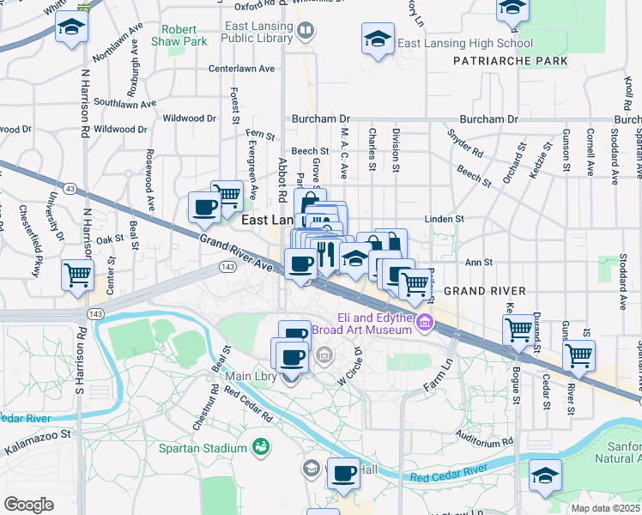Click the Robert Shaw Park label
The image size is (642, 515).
[179, 34]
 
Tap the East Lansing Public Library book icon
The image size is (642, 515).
[305, 32]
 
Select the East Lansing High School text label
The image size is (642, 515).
[465, 43]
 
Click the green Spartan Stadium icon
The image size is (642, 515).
[260, 447]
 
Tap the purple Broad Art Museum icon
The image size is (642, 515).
[425, 323]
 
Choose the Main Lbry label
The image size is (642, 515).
[250, 376]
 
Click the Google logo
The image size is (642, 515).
[28, 504]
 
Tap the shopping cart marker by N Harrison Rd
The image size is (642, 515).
[77, 276]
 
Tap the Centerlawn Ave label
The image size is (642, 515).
[241, 69]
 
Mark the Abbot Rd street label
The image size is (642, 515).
[282, 179]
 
